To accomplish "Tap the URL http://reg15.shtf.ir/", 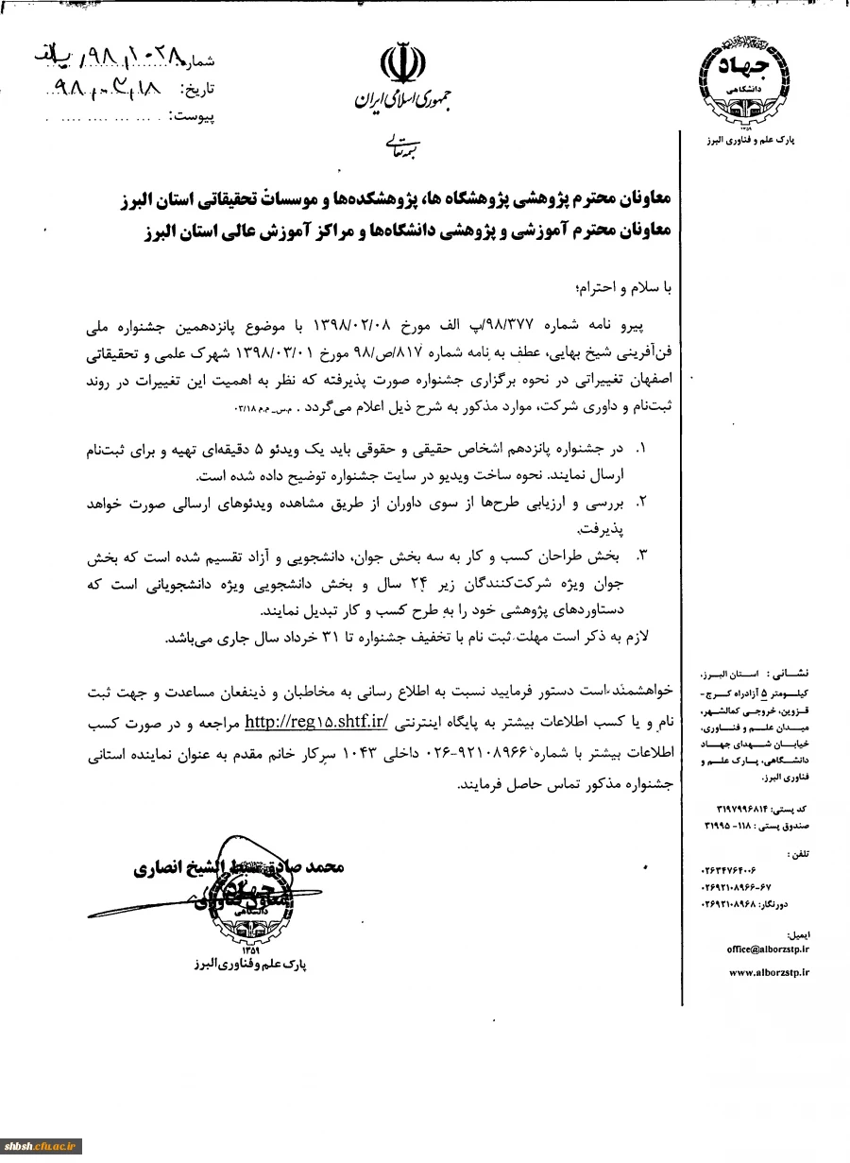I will coord(317,723).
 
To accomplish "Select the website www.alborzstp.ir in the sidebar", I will coord(769,971).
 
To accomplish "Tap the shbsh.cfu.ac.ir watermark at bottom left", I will coord(41,1146).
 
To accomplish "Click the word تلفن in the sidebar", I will coord(802,853).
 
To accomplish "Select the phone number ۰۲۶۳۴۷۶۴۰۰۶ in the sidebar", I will coord(744,869).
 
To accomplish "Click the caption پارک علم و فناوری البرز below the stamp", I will coord(247,965).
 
